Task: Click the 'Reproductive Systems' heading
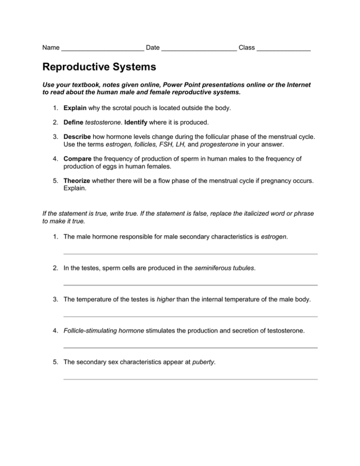[99, 67]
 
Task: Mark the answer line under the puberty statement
[190, 379]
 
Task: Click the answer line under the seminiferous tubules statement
[190, 285]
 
